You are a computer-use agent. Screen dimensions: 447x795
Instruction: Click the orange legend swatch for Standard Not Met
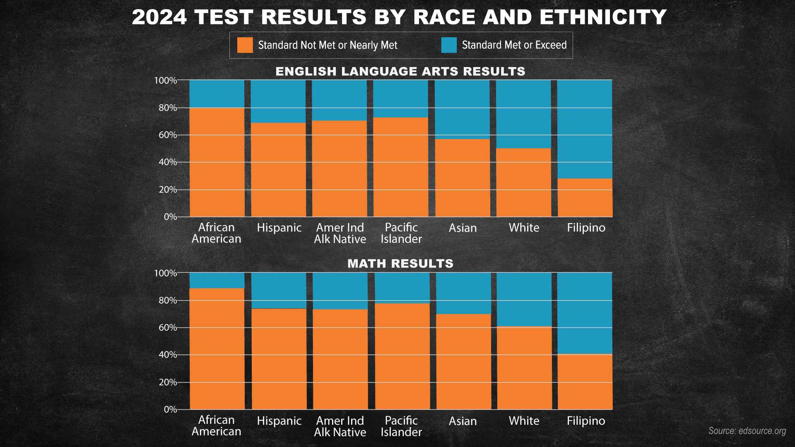[245, 45]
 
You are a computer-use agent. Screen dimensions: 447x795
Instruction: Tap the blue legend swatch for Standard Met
[449, 45]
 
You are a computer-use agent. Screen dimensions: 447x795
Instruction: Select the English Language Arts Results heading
[400, 71]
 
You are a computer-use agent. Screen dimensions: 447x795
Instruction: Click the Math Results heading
[400, 264]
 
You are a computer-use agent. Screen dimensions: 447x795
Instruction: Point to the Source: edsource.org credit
[747, 431]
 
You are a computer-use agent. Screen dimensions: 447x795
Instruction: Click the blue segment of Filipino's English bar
[585, 129]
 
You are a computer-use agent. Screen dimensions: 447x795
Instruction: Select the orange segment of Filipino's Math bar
[585, 382]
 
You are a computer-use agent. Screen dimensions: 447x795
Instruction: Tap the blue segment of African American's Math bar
[217, 280]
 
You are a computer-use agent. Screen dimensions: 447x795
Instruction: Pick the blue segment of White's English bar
[523, 114]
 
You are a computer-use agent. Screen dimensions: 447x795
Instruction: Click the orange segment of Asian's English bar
[463, 178]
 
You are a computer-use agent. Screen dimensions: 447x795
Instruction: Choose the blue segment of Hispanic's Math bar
[279, 291]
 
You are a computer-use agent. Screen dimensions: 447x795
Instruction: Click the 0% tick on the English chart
[170, 217]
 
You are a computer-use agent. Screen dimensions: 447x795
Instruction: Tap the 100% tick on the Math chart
[165, 273]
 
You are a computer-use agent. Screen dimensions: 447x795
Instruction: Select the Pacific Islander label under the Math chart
[401, 426]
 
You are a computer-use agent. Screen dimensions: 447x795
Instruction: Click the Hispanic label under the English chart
[279, 228]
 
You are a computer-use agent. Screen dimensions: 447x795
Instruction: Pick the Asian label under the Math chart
[463, 421]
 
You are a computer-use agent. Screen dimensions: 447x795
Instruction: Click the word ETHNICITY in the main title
[603, 17]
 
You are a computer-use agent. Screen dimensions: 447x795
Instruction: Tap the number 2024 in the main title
[159, 17]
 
